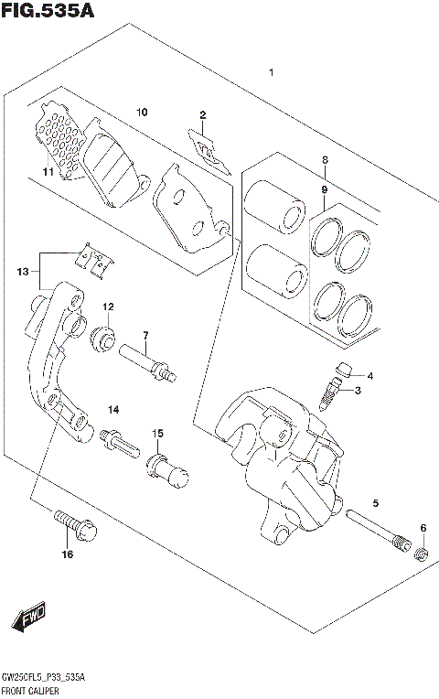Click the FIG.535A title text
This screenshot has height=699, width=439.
point(48,11)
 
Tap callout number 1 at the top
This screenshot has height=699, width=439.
point(270,72)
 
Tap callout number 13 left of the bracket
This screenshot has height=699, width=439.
point(23,270)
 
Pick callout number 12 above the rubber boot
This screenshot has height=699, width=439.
point(107,306)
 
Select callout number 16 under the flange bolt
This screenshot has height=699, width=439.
point(66,554)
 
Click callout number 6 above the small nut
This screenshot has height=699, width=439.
point(423,528)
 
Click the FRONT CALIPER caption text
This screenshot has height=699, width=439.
point(30,689)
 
